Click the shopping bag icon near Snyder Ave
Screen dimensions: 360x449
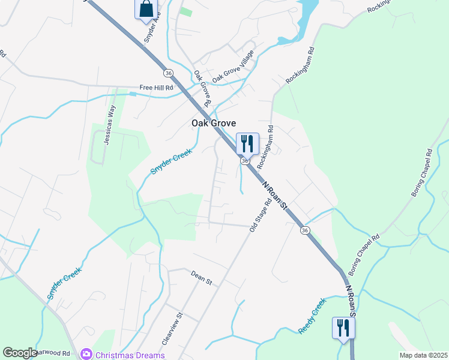[x=146, y=9]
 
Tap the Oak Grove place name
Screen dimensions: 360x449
[x=213, y=123]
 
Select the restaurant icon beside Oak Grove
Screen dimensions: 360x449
[x=247, y=143]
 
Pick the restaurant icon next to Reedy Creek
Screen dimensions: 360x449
[x=343, y=328]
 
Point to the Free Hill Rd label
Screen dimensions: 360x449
[x=156, y=87]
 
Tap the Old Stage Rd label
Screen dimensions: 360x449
[x=261, y=215]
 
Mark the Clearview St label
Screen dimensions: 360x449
[x=172, y=328]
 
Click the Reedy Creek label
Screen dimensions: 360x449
[x=312, y=316]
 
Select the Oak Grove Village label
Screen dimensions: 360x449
[x=234, y=66]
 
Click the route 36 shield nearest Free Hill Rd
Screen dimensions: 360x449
[x=168, y=73]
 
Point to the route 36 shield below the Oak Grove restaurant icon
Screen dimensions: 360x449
[x=245, y=161]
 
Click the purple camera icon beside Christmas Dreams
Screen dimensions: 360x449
[x=86, y=355]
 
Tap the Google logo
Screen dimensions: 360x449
[x=20, y=353]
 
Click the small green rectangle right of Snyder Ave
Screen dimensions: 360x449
[x=186, y=12]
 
